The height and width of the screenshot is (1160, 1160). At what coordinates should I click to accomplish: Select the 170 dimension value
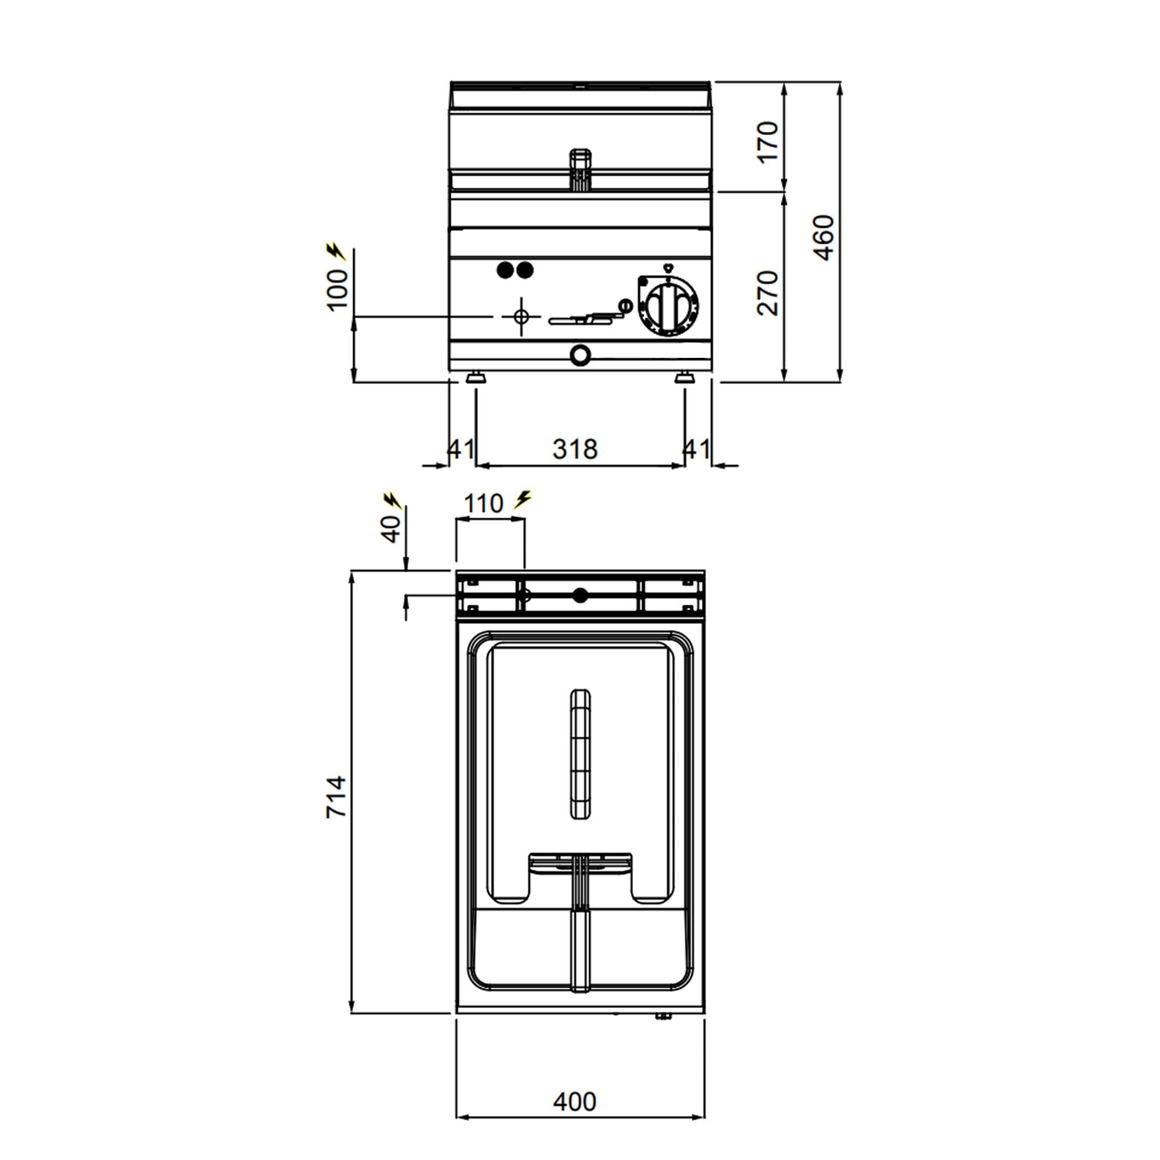pos(767,142)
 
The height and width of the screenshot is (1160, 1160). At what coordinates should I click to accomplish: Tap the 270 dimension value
pos(767,292)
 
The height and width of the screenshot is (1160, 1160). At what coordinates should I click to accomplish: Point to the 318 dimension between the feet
pos(575,449)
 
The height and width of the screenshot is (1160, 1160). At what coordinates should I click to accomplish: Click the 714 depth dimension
pos(336,796)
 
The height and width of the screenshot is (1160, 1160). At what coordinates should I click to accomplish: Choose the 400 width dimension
pos(575,1102)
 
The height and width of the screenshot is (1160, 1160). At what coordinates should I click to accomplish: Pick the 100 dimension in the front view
pos(338,290)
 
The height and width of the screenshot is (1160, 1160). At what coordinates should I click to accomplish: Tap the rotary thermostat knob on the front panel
pos(670,306)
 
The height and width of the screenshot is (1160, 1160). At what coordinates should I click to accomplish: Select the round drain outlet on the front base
pos(580,355)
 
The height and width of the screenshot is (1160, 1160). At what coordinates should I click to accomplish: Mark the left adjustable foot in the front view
pos(476,378)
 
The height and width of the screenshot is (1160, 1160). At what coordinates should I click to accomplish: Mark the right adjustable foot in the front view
pos(683,378)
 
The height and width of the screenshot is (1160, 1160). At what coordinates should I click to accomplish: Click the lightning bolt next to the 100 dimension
pos(336,252)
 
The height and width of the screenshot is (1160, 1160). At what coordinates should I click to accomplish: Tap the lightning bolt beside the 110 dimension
pos(523,499)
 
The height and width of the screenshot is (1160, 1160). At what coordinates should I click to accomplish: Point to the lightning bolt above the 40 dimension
pos(392,500)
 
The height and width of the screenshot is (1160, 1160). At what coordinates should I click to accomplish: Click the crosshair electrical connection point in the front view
pos(521,316)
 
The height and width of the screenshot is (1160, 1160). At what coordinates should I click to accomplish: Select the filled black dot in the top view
pos(579,596)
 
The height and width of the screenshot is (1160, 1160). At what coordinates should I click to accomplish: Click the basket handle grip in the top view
pos(579,755)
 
